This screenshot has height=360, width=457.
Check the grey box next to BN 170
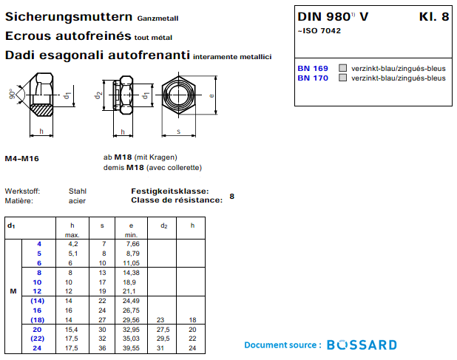[x=342, y=78]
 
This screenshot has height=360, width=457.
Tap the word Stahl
[x=78, y=191]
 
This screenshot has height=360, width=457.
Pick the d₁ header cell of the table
[x=11, y=225]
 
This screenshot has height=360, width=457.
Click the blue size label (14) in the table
[x=38, y=301]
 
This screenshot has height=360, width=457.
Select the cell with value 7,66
[x=132, y=243]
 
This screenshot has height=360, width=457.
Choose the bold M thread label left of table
[x=13, y=291]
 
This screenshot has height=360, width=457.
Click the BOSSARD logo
[x=362, y=345]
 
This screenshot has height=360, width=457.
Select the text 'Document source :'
[x=282, y=345]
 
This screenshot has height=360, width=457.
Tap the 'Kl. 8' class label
[x=433, y=17]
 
